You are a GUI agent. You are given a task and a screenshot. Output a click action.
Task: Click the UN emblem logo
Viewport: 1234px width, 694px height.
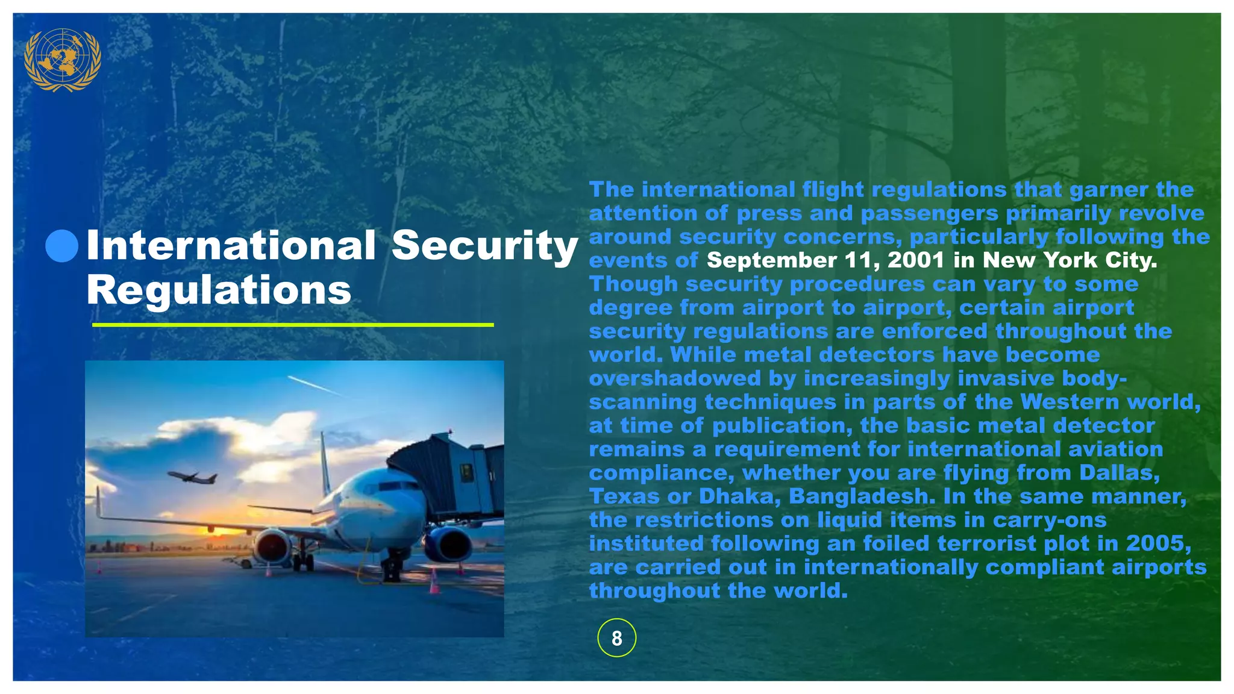(62, 59)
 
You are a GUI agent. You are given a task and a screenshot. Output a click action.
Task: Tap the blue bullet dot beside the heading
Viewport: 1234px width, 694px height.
(61, 246)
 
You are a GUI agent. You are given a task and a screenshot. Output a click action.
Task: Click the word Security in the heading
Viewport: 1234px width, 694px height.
(484, 246)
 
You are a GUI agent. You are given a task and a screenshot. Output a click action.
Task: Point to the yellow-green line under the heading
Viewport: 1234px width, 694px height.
(293, 325)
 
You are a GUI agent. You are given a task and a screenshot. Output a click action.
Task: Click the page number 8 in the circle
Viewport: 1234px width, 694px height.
(616, 638)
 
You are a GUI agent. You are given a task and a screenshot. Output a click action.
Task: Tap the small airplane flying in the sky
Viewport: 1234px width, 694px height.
(192, 477)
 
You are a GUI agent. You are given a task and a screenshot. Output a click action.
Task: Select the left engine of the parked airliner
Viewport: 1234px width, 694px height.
(272, 545)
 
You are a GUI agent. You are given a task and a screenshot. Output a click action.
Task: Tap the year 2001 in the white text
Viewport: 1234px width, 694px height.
(916, 260)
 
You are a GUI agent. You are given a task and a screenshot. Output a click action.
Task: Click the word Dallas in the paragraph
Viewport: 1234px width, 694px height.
(1119, 473)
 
